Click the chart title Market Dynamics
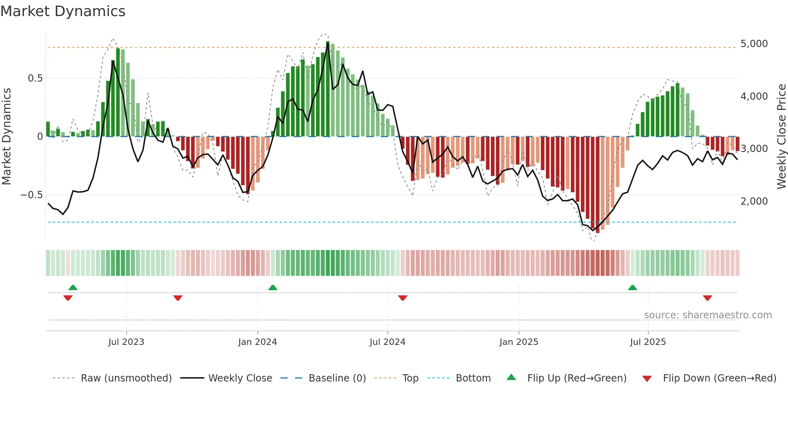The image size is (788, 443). [x=63, y=11]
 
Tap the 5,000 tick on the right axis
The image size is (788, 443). [x=754, y=43]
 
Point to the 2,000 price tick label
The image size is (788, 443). [x=754, y=201]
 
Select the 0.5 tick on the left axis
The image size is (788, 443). [x=35, y=78]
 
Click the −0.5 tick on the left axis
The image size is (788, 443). [x=32, y=195]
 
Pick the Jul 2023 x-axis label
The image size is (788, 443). [x=126, y=342]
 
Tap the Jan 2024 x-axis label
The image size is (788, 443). [x=257, y=342]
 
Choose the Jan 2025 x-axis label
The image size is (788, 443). [x=519, y=342]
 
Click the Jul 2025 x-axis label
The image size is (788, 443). [x=648, y=342]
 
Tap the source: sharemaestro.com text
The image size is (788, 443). [x=708, y=315]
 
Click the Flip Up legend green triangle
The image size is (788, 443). [x=511, y=377]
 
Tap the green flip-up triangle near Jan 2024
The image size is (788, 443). [x=273, y=287]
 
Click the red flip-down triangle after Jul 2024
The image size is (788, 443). [x=402, y=298]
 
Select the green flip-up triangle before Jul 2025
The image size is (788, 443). [x=632, y=287]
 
